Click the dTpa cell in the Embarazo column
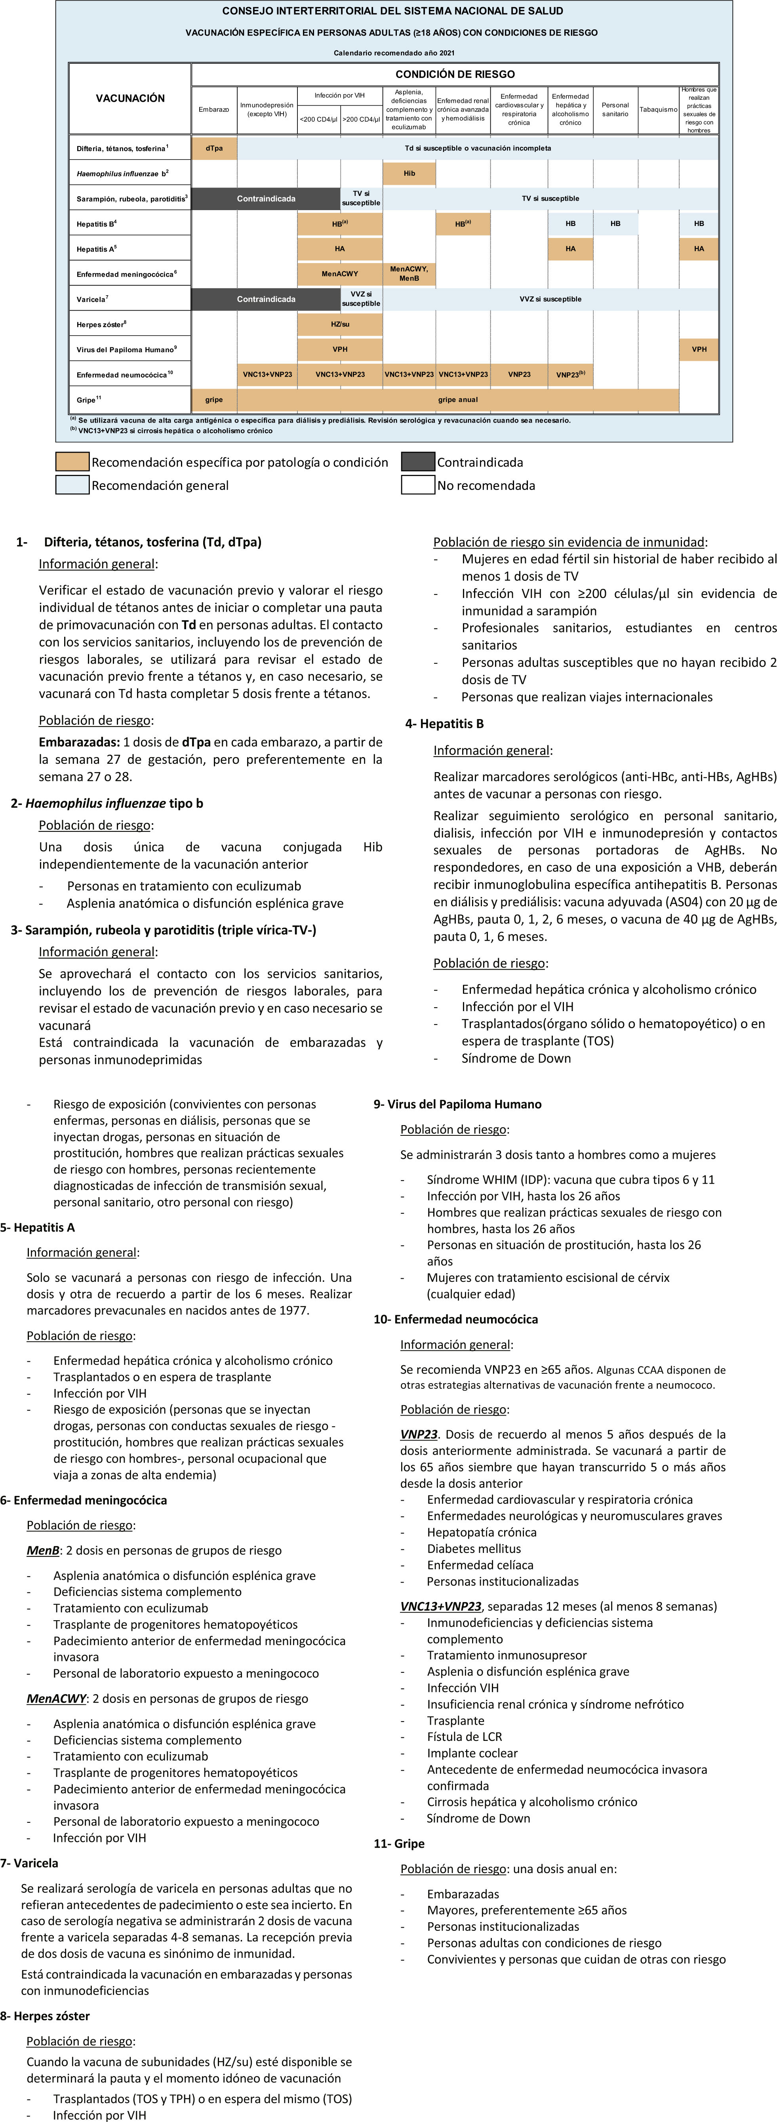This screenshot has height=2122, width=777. point(213,148)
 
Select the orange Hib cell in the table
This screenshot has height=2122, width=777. point(409,174)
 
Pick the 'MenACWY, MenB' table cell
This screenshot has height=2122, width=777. point(409,273)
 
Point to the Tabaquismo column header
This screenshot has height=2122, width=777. point(658,110)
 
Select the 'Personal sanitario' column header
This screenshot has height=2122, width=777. point(615,110)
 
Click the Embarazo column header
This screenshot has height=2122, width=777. point(213,110)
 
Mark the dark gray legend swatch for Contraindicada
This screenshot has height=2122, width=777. point(418,462)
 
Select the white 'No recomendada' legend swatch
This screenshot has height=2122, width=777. point(418,485)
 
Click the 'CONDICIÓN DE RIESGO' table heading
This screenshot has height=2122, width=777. point(455,74)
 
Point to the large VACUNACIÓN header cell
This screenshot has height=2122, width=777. point(130,98)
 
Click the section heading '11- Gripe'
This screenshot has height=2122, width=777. point(399,1843)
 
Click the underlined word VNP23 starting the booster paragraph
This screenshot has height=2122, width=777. point(419,1434)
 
